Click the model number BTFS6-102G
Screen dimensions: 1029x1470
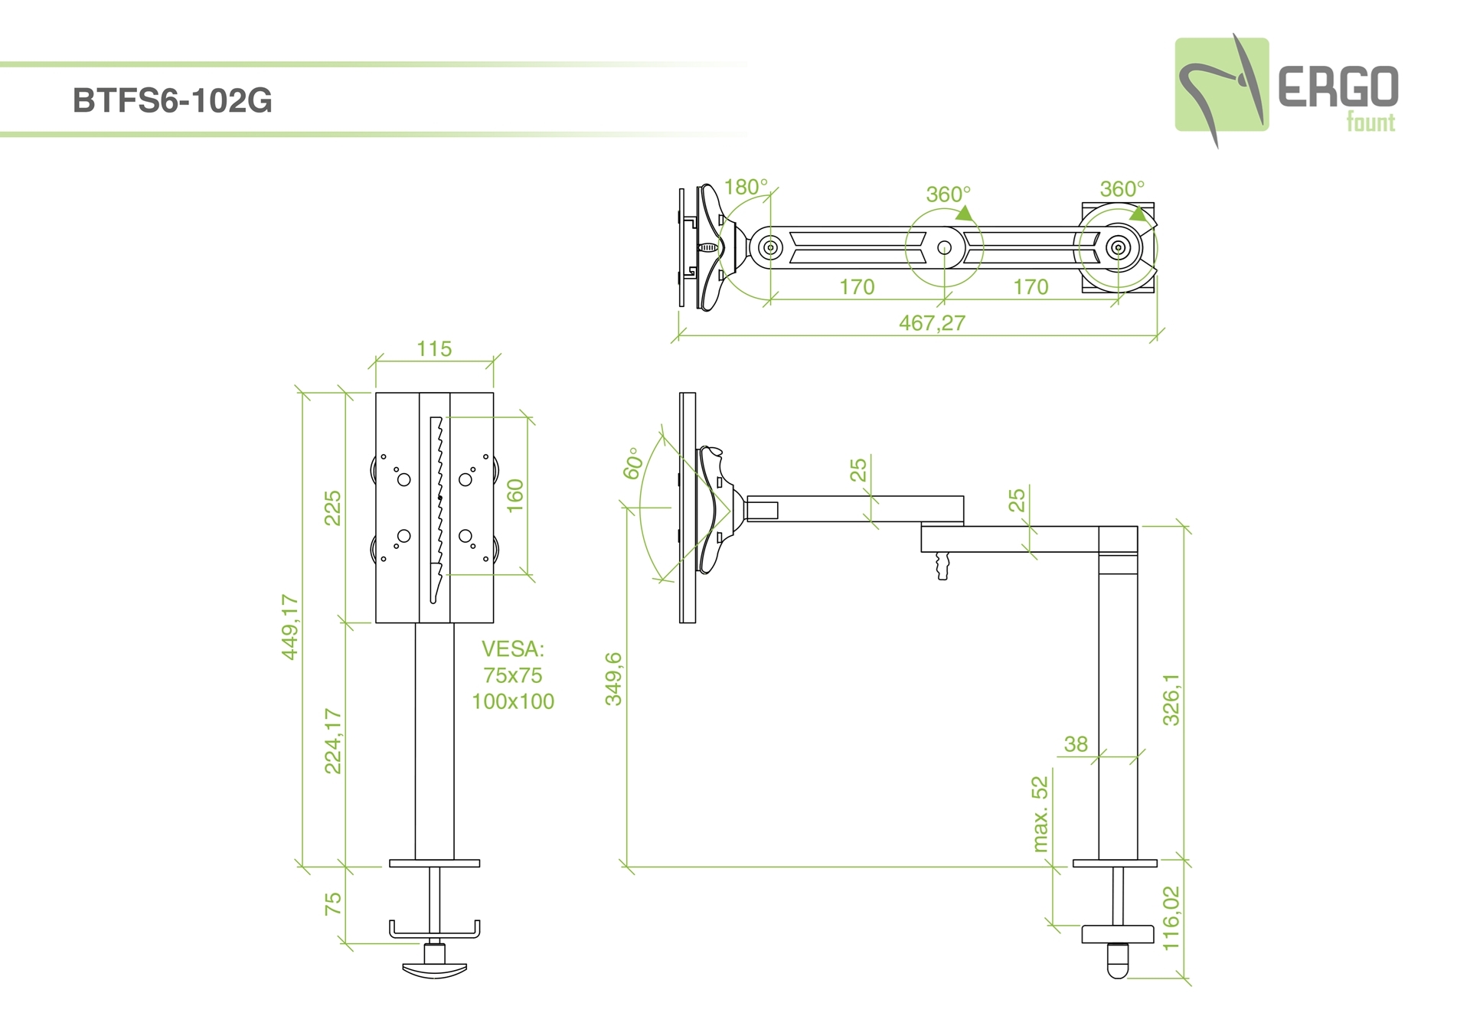coord(172,101)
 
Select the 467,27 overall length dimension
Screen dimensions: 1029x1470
coord(932,323)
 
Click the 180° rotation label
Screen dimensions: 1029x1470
coord(745,187)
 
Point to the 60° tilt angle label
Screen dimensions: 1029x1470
coord(632,464)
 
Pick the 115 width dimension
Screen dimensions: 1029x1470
coord(434,349)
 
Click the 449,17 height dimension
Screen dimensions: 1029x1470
coord(290,626)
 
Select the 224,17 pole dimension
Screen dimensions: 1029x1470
coord(333,741)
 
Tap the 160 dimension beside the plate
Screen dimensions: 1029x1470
coord(515,495)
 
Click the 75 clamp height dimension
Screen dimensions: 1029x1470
coord(333,904)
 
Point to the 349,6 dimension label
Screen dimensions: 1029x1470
coord(614,678)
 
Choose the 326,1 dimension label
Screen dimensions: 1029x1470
coord(1171,699)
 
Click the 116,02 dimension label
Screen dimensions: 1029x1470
coord(1171,918)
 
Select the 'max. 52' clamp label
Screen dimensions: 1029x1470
coord(1040,814)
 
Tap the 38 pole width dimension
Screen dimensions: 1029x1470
coord(1076,743)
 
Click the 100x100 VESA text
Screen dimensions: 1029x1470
coord(513,701)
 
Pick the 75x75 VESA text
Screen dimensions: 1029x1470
coord(513,675)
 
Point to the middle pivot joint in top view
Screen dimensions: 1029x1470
coord(944,247)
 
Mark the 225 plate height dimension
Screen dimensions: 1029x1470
coord(333,508)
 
